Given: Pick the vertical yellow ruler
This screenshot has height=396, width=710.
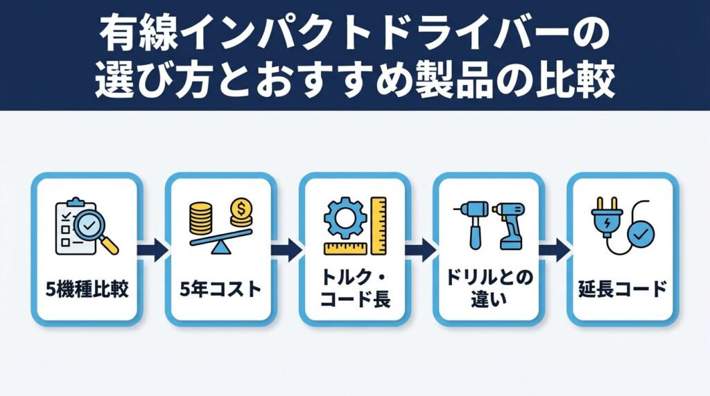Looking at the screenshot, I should pyautogui.click(x=378, y=224).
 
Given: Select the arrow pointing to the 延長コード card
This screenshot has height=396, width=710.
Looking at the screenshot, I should pyautogui.click(x=554, y=247).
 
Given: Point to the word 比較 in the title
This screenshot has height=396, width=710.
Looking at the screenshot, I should pyautogui.click(x=584, y=82).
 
